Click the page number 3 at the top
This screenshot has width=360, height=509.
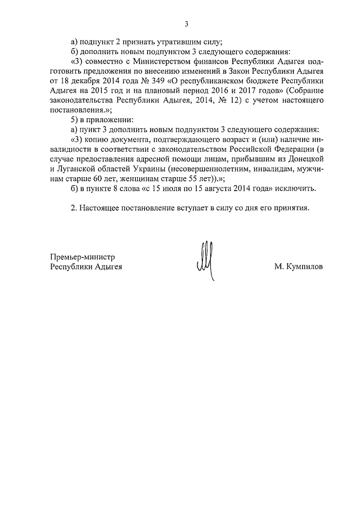(186, 24)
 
